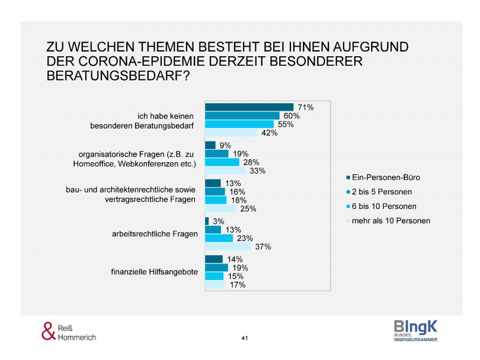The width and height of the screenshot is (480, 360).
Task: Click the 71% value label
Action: coord(306,108)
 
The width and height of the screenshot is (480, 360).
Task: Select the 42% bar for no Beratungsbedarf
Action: coord(232,133)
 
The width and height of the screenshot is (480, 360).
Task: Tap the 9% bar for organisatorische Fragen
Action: coord(210,145)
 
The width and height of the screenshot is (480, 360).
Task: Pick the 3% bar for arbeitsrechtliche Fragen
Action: coord(207,221)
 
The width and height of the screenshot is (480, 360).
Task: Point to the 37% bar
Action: coord(229,246)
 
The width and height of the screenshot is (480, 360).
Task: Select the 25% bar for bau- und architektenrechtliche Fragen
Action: coord(220,208)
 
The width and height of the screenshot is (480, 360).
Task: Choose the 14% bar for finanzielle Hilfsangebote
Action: coord(214,259)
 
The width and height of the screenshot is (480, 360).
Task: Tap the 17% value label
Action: coord(238,285)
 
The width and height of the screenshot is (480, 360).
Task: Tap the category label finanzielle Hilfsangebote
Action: coord(154,272)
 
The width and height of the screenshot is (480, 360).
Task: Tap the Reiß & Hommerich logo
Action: coord(68,332)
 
